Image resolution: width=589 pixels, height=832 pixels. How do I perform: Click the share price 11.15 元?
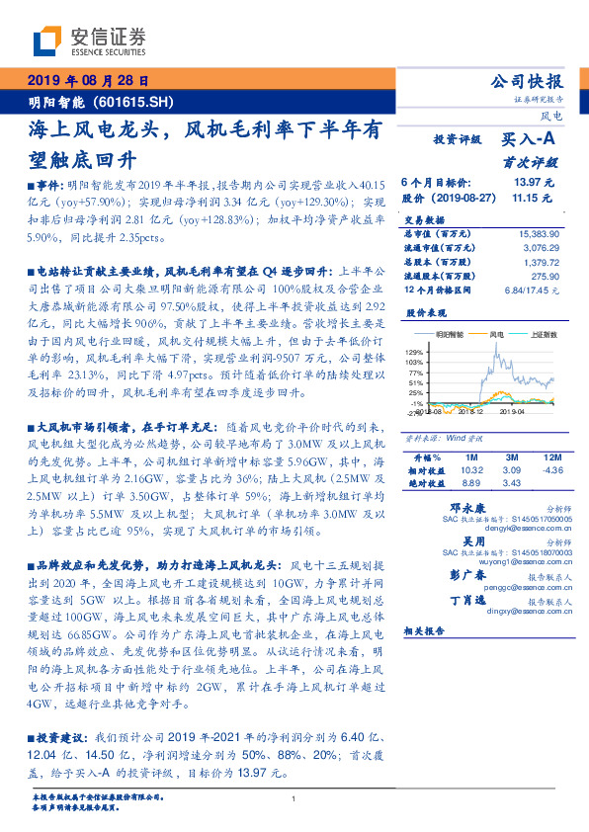532,198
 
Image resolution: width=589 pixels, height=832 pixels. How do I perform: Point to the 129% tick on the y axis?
416,352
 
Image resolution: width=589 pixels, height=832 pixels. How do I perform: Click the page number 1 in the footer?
294,798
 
